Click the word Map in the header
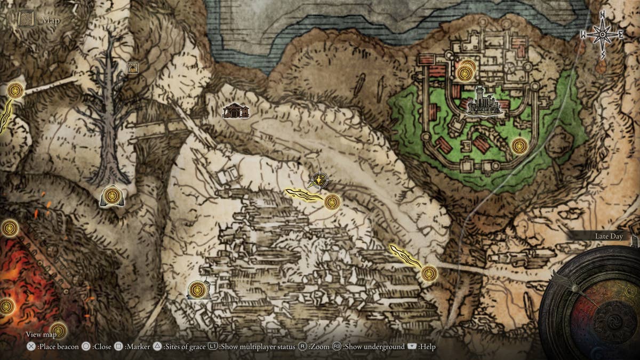(x=51, y=21)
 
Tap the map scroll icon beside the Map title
(x=27, y=20)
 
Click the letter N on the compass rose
(x=603, y=15)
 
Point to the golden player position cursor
(x=319, y=181)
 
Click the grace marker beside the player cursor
(x=332, y=202)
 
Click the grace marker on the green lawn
(x=519, y=146)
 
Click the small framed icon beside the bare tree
(x=133, y=67)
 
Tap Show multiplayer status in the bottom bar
(x=257, y=347)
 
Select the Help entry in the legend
(x=427, y=347)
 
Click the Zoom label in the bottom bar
(x=319, y=347)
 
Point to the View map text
(x=41, y=334)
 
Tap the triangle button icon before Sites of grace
(x=157, y=347)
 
